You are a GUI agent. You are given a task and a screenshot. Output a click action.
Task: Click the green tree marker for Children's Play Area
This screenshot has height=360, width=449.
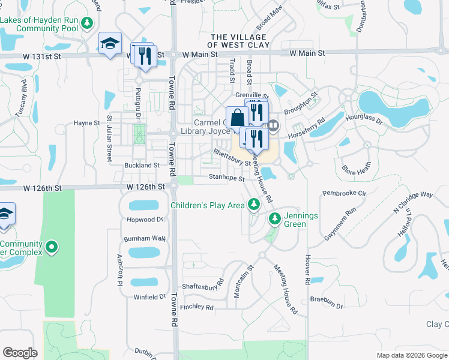[254, 205]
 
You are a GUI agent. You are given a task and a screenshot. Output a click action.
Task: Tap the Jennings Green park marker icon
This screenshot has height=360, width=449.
[275, 218]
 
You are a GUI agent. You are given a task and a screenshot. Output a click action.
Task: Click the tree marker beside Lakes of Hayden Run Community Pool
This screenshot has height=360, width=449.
[88, 23]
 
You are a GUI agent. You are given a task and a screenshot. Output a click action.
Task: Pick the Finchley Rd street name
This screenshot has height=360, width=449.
[196, 307]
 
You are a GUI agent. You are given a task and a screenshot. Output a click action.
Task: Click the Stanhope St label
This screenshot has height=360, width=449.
[226, 178]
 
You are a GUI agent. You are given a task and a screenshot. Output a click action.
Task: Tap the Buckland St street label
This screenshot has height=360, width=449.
[142, 165]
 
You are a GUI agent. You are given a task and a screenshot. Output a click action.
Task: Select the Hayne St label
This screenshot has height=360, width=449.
[86, 123]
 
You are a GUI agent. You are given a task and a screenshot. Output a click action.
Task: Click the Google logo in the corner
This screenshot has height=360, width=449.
[20, 353]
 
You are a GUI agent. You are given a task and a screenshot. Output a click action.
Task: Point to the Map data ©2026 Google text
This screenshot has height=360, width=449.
[412, 355]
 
